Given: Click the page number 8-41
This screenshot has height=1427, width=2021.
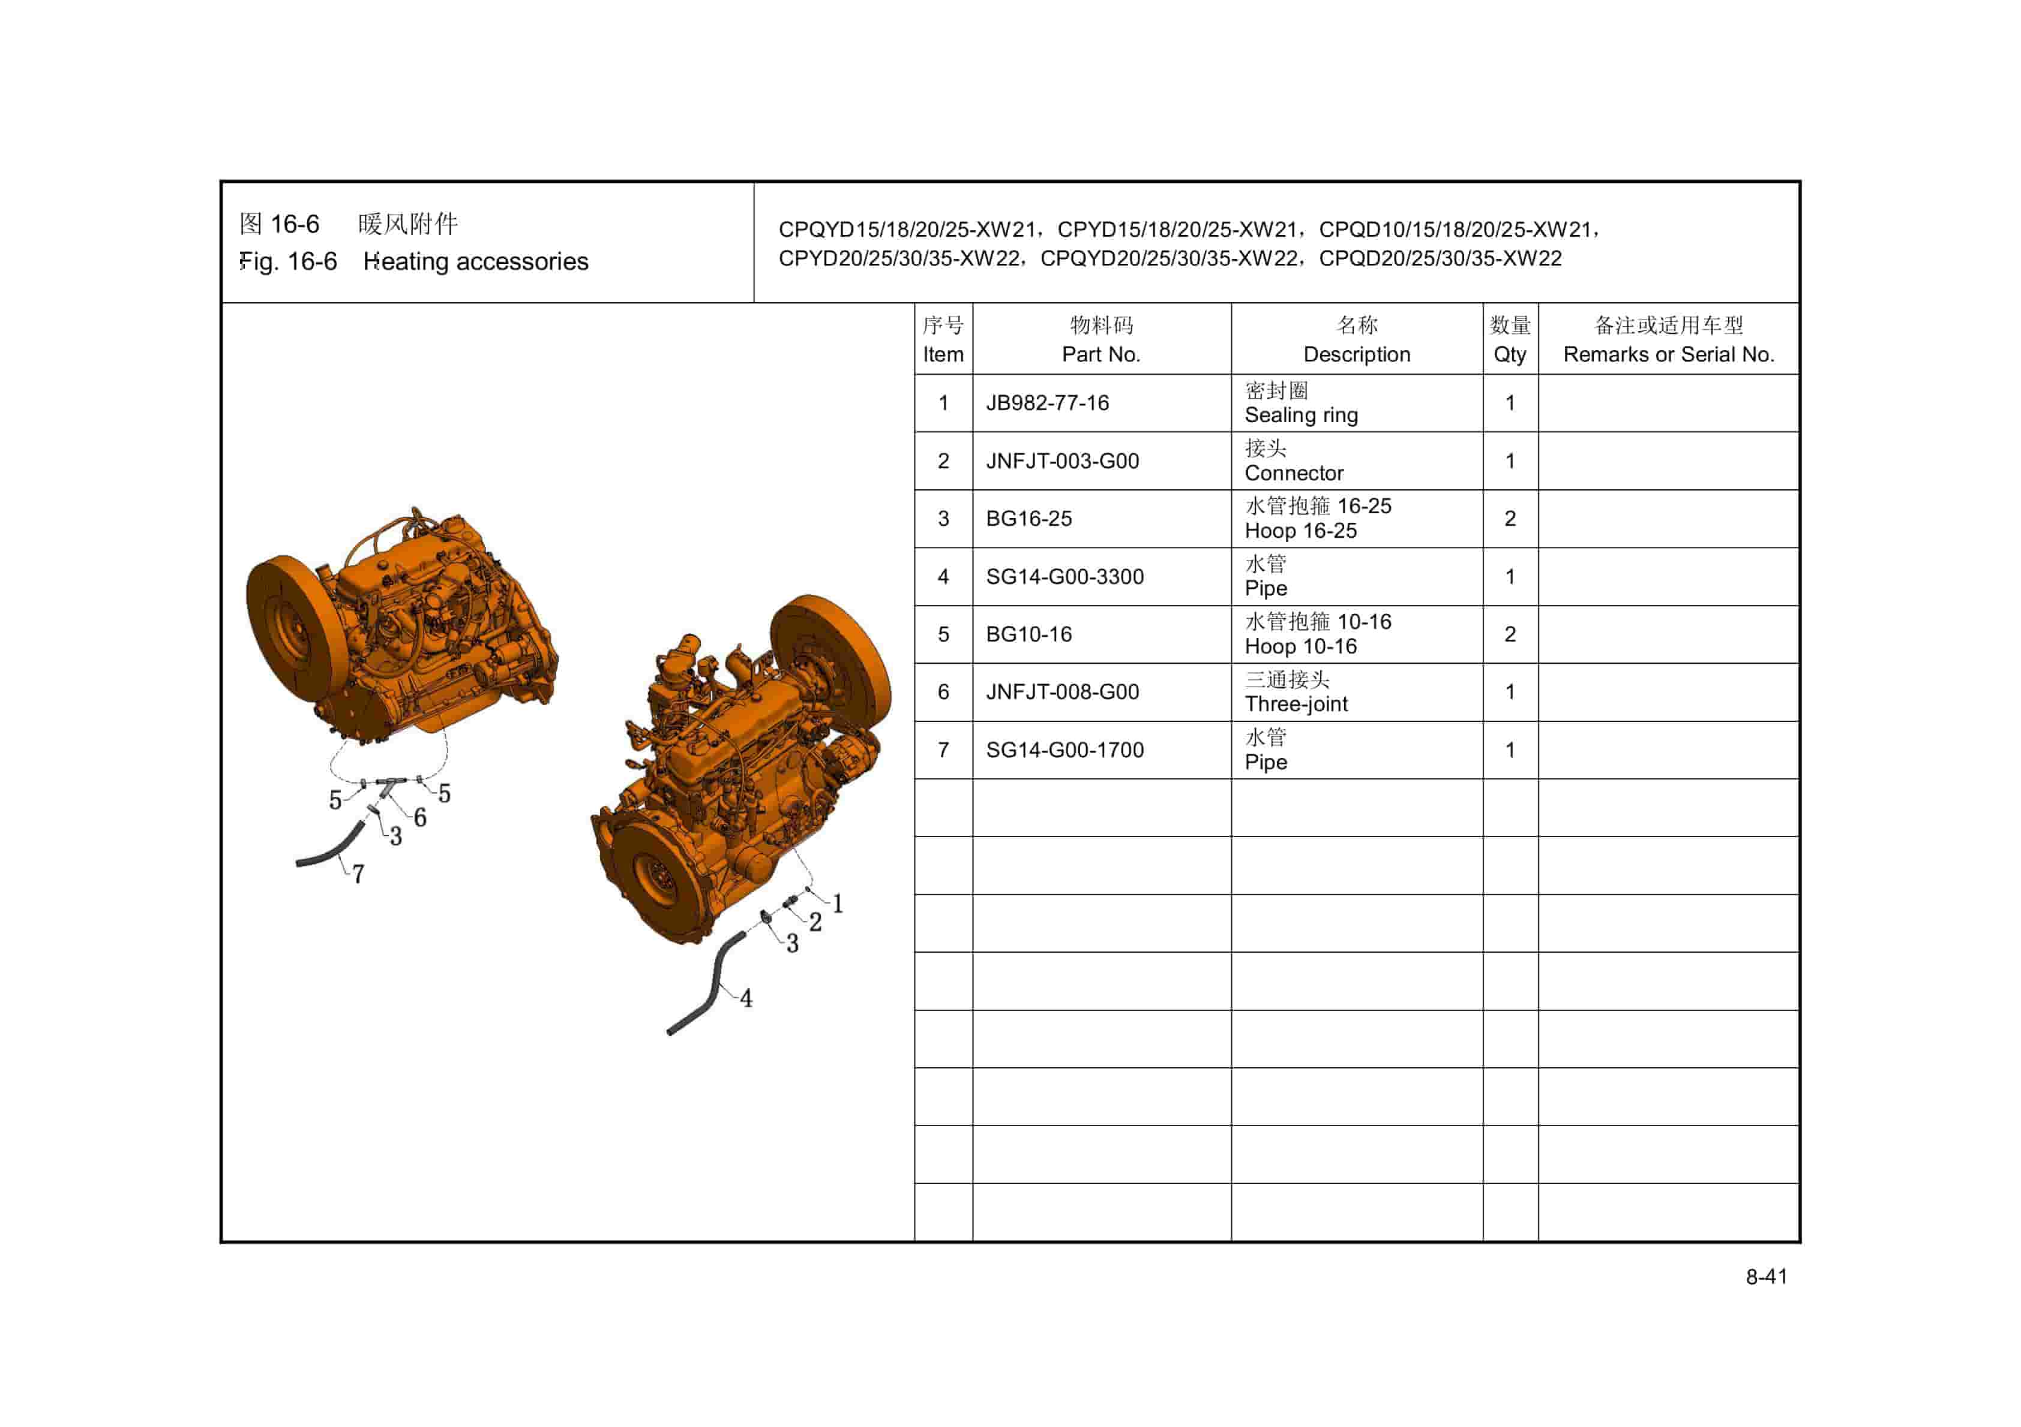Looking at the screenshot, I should coord(1766,1277).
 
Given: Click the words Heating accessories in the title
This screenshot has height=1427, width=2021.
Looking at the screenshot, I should coord(475,261).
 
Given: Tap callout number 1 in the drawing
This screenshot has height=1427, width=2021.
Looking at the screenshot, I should coord(838,904).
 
